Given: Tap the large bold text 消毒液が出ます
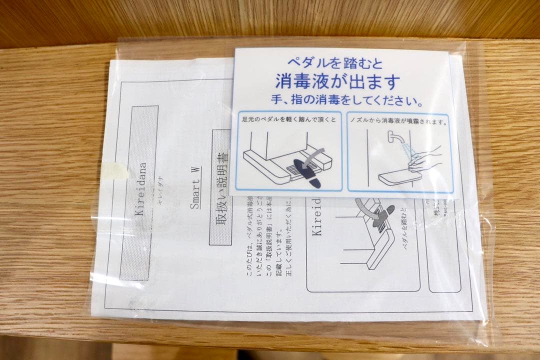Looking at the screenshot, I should coord(338,81).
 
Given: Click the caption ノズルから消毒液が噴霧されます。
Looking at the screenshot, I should coord(400,121).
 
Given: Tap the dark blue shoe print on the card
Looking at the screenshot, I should coord(306,172).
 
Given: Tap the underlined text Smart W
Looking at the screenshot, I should coord(196,187).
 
